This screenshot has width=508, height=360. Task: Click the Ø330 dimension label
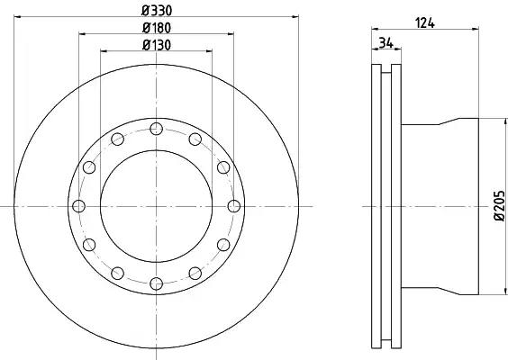(157, 11)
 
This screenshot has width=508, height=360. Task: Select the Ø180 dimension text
(157, 28)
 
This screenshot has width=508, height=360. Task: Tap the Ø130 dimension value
(157, 45)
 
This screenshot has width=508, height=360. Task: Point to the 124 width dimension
(425, 23)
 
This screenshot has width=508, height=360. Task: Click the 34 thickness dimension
(386, 43)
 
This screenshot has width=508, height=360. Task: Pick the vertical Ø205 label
(500, 205)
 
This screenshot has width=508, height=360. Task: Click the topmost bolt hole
(156, 129)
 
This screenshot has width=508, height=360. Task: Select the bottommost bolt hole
(156, 283)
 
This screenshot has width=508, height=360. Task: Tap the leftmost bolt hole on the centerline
(78, 206)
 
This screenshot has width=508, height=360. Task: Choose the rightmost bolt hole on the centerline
(234, 206)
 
